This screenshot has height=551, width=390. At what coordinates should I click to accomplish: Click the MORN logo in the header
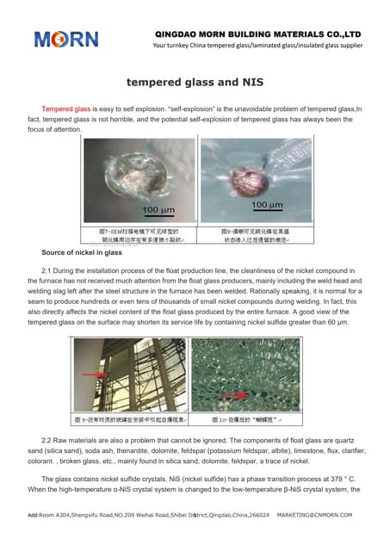(x=65, y=39)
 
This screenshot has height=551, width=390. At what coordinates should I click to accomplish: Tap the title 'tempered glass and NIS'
(x=195, y=83)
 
